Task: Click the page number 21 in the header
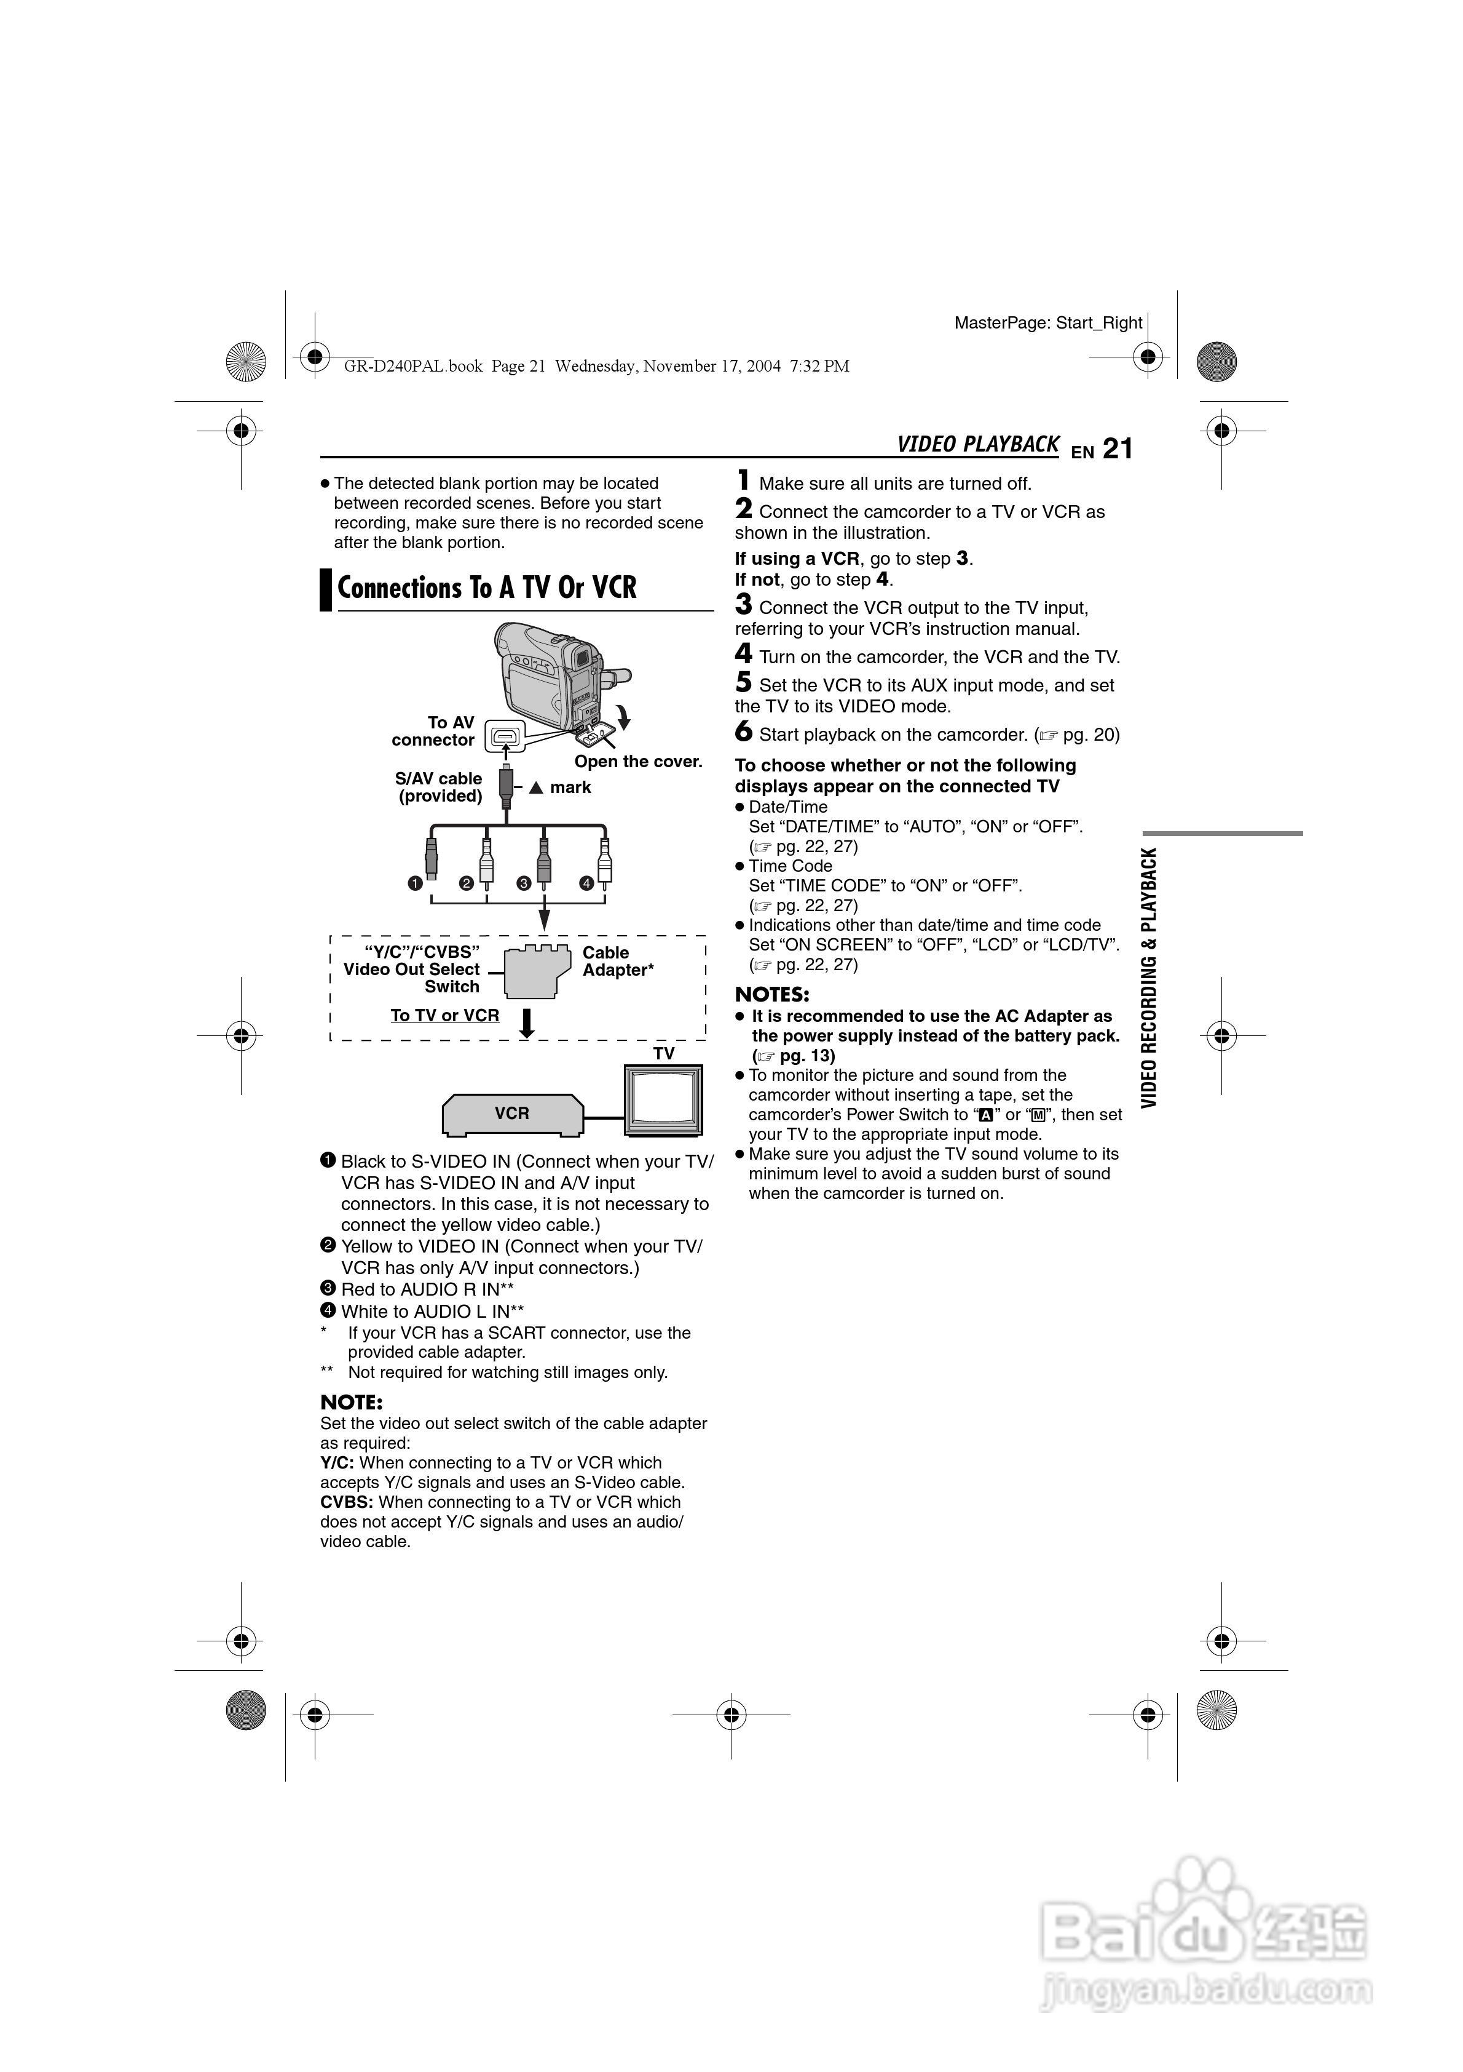[x=1118, y=448]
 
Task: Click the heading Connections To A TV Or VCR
[x=487, y=588]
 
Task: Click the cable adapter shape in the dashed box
[x=537, y=972]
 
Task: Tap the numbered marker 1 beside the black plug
[x=415, y=883]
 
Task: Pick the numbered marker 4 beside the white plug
[x=586, y=883]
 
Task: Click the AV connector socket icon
[x=506, y=736]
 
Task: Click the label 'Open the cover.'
[x=639, y=762]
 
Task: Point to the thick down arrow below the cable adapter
[x=527, y=1022]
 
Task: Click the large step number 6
[x=743, y=732]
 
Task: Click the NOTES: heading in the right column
[x=772, y=995]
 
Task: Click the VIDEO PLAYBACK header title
[x=978, y=444]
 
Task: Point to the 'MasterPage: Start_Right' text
[x=1048, y=323]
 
